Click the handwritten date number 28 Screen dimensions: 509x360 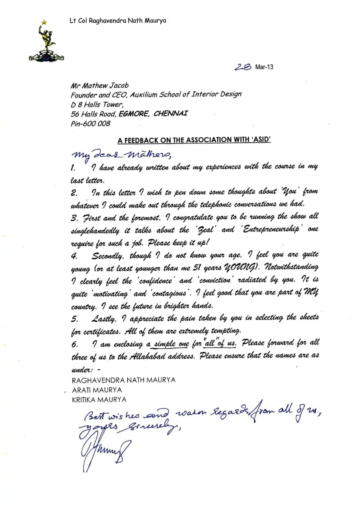pyautogui.click(x=242, y=67)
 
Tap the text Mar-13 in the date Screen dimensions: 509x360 pyautogui.click(x=264, y=67)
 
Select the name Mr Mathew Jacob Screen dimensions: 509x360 pyautogui.click(x=99, y=86)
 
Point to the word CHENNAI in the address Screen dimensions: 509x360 pyautogui.click(x=171, y=114)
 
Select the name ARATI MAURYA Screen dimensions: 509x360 pyautogui.click(x=97, y=390)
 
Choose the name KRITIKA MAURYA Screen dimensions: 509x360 pyautogui.click(x=99, y=400)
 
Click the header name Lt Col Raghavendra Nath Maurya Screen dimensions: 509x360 pyautogui.click(x=118, y=21)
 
